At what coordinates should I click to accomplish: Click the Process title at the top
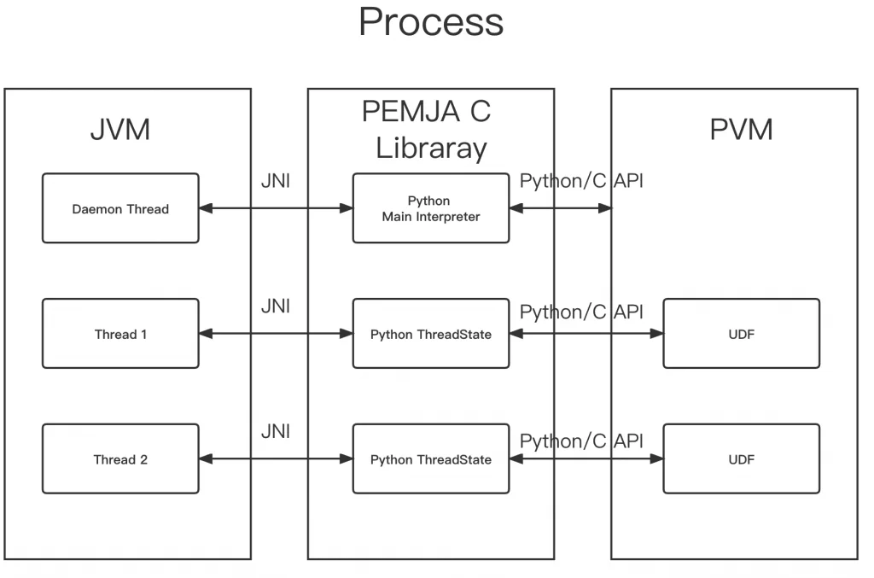click(x=431, y=22)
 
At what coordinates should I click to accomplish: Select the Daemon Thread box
click(x=120, y=208)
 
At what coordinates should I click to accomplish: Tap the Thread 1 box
click(x=120, y=334)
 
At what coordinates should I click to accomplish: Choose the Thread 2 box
click(x=120, y=459)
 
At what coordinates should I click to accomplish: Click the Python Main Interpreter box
click(x=431, y=208)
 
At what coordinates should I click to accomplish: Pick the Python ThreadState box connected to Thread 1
click(x=431, y=334)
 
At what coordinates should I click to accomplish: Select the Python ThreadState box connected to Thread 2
click(x=431, y=459)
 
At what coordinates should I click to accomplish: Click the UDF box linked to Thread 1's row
click(x=741, y=334)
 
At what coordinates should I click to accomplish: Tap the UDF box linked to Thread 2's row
click(x=741, y=459)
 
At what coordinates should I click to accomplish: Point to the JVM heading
click(x=120, y=130)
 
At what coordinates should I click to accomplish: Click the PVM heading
click(x=741, y=130)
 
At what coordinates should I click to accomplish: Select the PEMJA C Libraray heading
click(x=431, y=130)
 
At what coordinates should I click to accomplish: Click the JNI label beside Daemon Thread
click(x=276, y=181)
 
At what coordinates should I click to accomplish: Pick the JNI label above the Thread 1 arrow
click(x=276, y=306)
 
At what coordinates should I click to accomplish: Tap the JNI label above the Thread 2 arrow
click(x=276, y=431)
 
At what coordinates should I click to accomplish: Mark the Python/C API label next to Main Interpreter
click(x=582, y=181)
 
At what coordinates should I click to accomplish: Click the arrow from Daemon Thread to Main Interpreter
click(x=276, y=208)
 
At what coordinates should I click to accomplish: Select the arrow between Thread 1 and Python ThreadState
click(x=276, y=334)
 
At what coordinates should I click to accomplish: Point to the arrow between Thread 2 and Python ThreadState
click(x=276, y=459)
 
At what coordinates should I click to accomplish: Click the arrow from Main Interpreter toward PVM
click(x=561, y=208)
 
